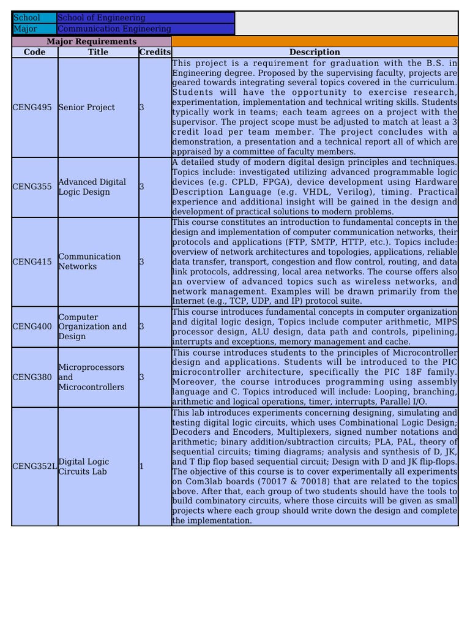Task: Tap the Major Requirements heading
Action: pyautogui.click(x=92, y=41)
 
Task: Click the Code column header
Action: pyautogui.click(x=35, y=52)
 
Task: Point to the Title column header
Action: pyautogui.click(x=98, y=52)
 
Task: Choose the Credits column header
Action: pyautogui.click(x=155, y=52)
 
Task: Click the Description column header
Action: pyautogui.click(x=315, y=52)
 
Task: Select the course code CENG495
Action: pyautogui.click(x=32, y=107)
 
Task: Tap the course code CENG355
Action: pyautogui.click(x=32, y=187)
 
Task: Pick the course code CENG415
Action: pyautogui.click(x=32, y=261)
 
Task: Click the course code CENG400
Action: pyautogui.click(x=32, y=326)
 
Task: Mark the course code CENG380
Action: pyautogui.click(x=32, y=377)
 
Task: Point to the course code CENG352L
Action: pyautogui.click(x=35, y=467)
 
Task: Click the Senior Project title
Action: pyautogui.click(x=86, y=107)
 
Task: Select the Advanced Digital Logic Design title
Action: pyautogui.click(x=92, y=187)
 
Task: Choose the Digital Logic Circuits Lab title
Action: pyautogui.click(x=84, y=467)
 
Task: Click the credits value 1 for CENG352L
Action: pyautogui.click(x=141, y=467)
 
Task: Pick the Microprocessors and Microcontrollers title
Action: pyautogui.click(x=91, y=377)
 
